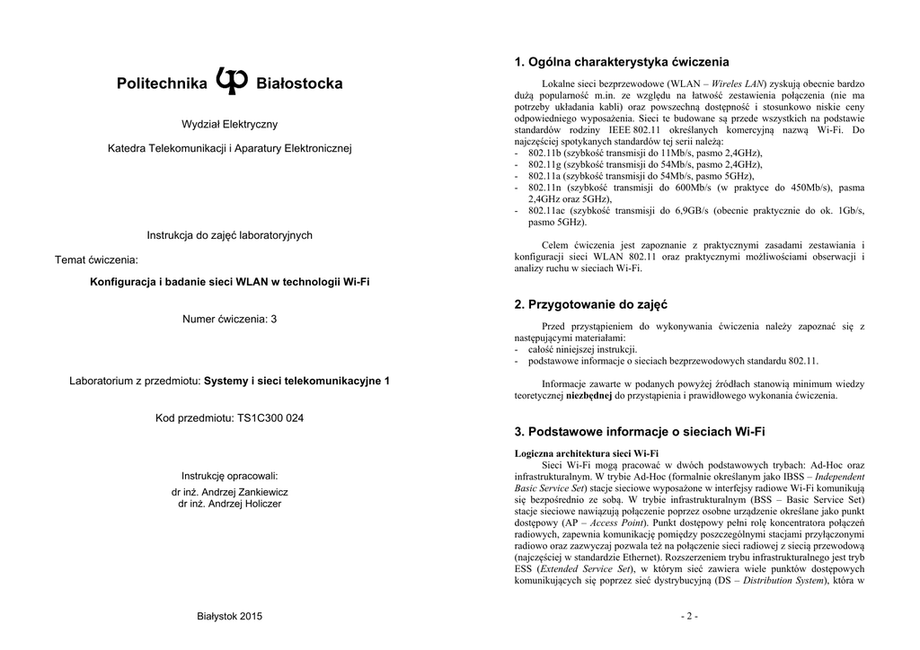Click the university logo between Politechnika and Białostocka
tap(232, 82)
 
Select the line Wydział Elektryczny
tap(230, 123)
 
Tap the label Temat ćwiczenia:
tap(97, 259)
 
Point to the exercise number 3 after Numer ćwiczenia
tap(274, 319)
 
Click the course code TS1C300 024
tap(270, 418)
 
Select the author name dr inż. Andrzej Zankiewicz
tap(230, 492)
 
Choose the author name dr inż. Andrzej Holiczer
tap(230, 504)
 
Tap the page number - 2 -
tap(690, 616)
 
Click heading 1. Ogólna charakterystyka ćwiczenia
tap(622, 63)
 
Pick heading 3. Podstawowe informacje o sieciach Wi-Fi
tap(640, 432)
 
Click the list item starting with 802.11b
tap(643, 154)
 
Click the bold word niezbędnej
tap(588, 395)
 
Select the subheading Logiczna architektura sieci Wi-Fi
tap(587, 453)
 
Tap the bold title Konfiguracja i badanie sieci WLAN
tap(230, 282)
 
